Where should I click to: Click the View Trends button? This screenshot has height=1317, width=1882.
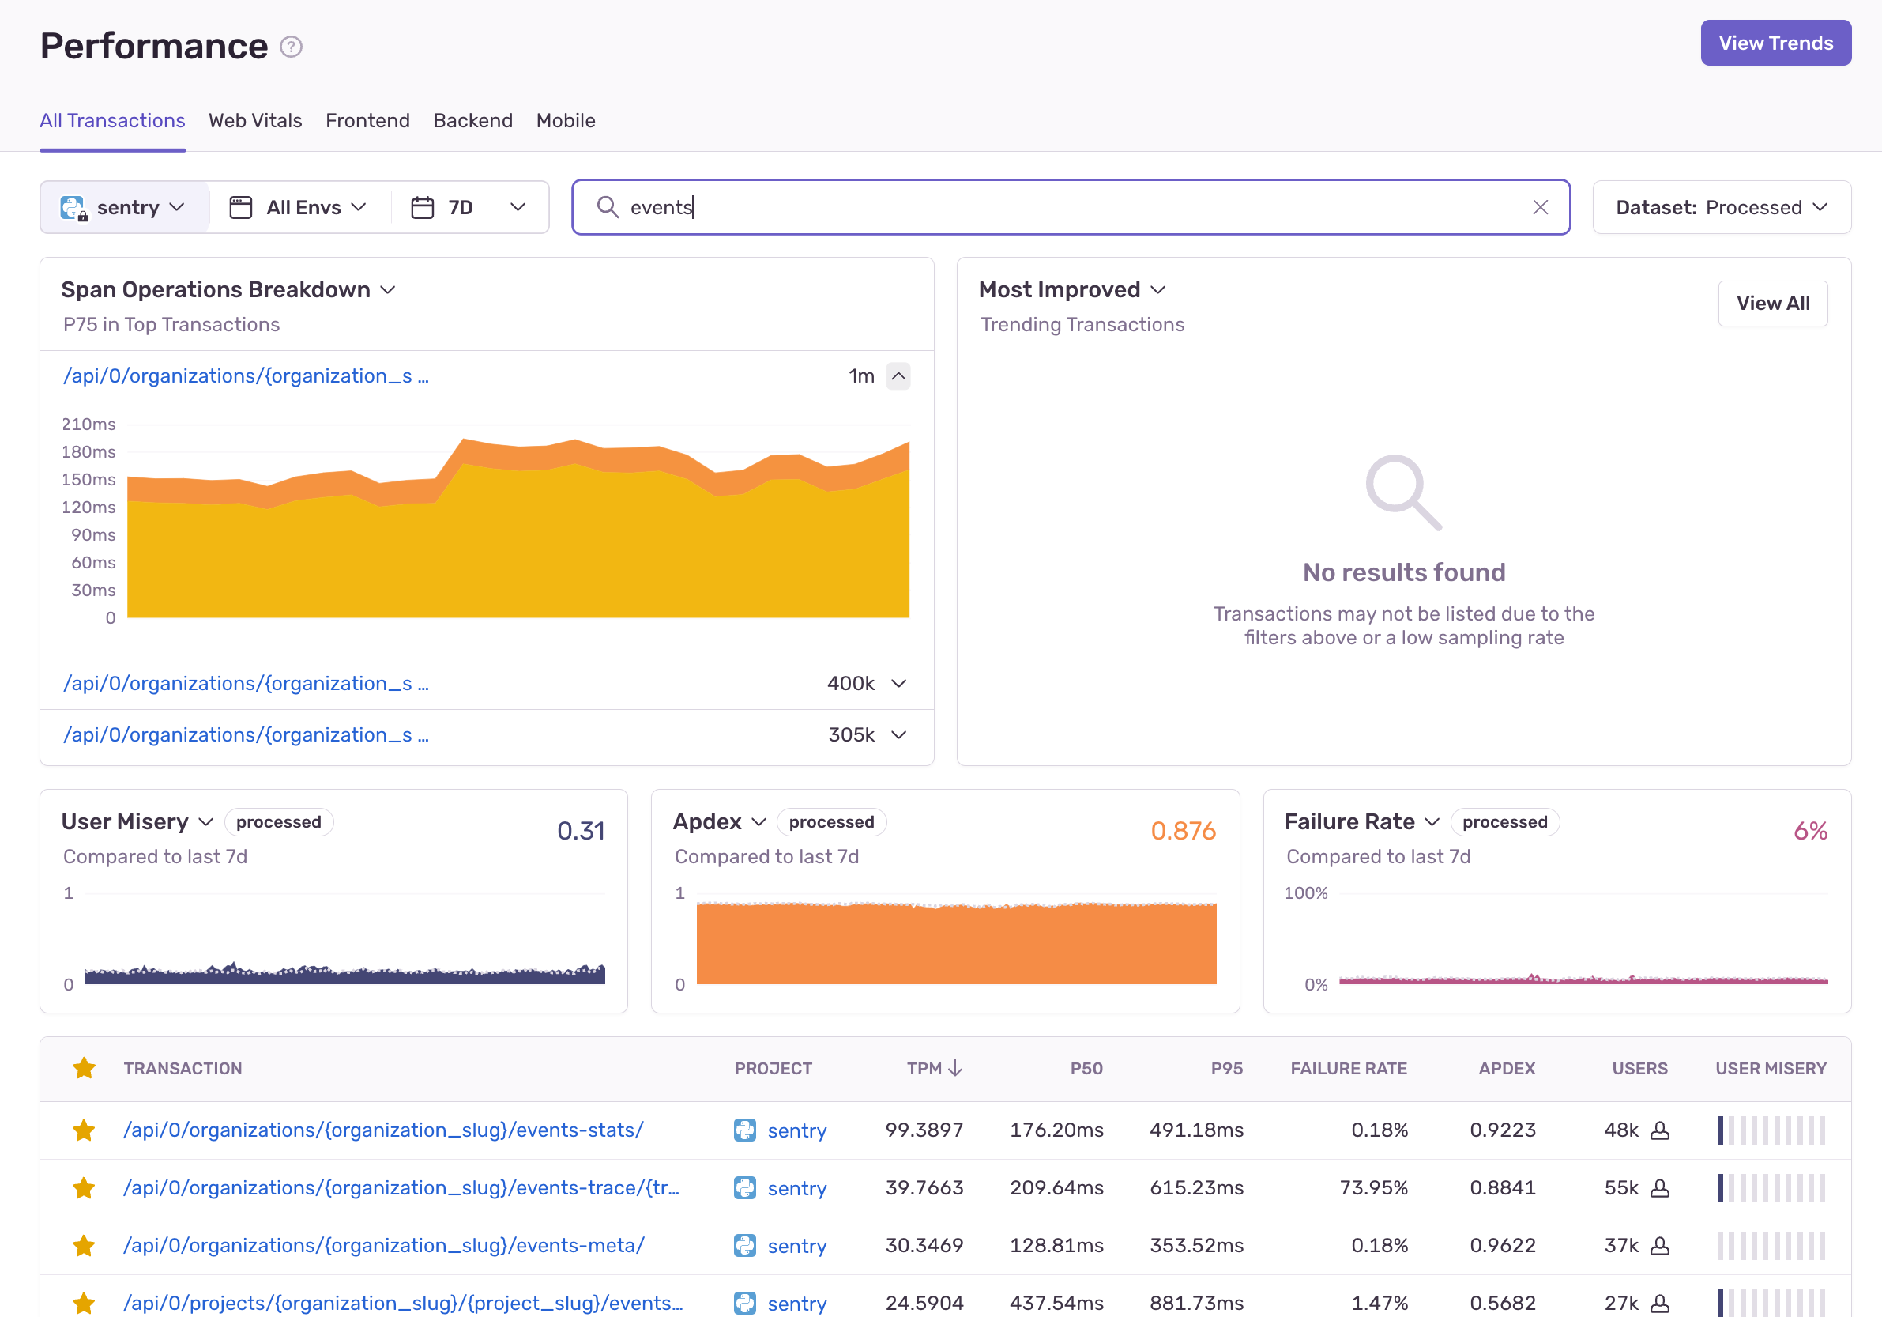pos(1775,43)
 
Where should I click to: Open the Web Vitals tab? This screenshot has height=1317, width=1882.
pos(255,120)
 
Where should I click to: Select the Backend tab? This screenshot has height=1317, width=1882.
pos(473,120)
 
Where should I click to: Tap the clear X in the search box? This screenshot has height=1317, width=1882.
pos(1540,207)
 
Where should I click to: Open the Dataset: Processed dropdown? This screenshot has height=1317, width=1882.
pos(1722,207)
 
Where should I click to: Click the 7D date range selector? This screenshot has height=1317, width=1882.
pos(468,207)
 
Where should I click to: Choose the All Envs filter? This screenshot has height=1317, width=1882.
pos(299,207)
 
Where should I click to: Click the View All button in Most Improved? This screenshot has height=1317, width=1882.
pos(1773,304)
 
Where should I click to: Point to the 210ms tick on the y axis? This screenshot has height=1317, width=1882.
pos(88,424)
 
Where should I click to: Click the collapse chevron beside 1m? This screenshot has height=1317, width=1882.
pos(898,376)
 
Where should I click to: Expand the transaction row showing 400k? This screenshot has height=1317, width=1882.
pos(898,683)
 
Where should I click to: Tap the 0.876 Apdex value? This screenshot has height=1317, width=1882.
pos(1183,831)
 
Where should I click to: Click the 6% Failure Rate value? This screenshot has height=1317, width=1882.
pos(1811,831)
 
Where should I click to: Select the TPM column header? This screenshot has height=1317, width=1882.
pos(934,1069)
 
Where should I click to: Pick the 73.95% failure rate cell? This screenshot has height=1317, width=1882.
pos(1374,1187)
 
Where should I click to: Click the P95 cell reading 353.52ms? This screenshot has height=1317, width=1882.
pos(1197,1246)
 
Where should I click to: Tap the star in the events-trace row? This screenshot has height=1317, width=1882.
pos(84,1187)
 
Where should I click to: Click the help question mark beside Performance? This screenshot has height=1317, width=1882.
pos(291,47)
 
